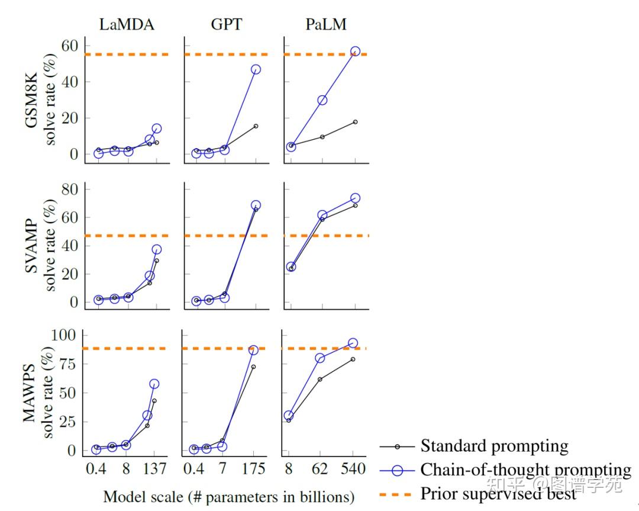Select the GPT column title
tap(226, 24)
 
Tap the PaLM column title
tap(326, 24)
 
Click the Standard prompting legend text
tap(494, 446)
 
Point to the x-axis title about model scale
tap(228, 496)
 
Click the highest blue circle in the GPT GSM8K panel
tap(256, 69)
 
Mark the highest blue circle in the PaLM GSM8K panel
tap(355, 52)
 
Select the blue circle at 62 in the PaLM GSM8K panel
tap(322, 100)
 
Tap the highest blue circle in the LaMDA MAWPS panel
tap(154, 384)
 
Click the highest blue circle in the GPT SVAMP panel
tap(256, 205)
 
